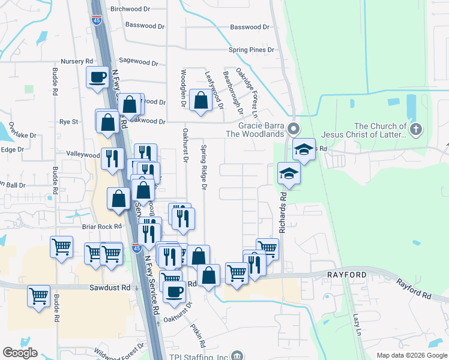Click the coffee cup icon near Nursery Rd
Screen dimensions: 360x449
[x=97, y=77]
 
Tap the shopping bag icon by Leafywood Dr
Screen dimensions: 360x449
[x=200, y=100]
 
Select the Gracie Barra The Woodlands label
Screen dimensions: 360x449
[x=261, y=130]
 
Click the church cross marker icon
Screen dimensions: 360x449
[x=415, y=128]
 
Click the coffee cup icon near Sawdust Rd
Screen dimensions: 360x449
[x=174, y=292]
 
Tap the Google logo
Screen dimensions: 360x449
[x=20, y=353]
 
